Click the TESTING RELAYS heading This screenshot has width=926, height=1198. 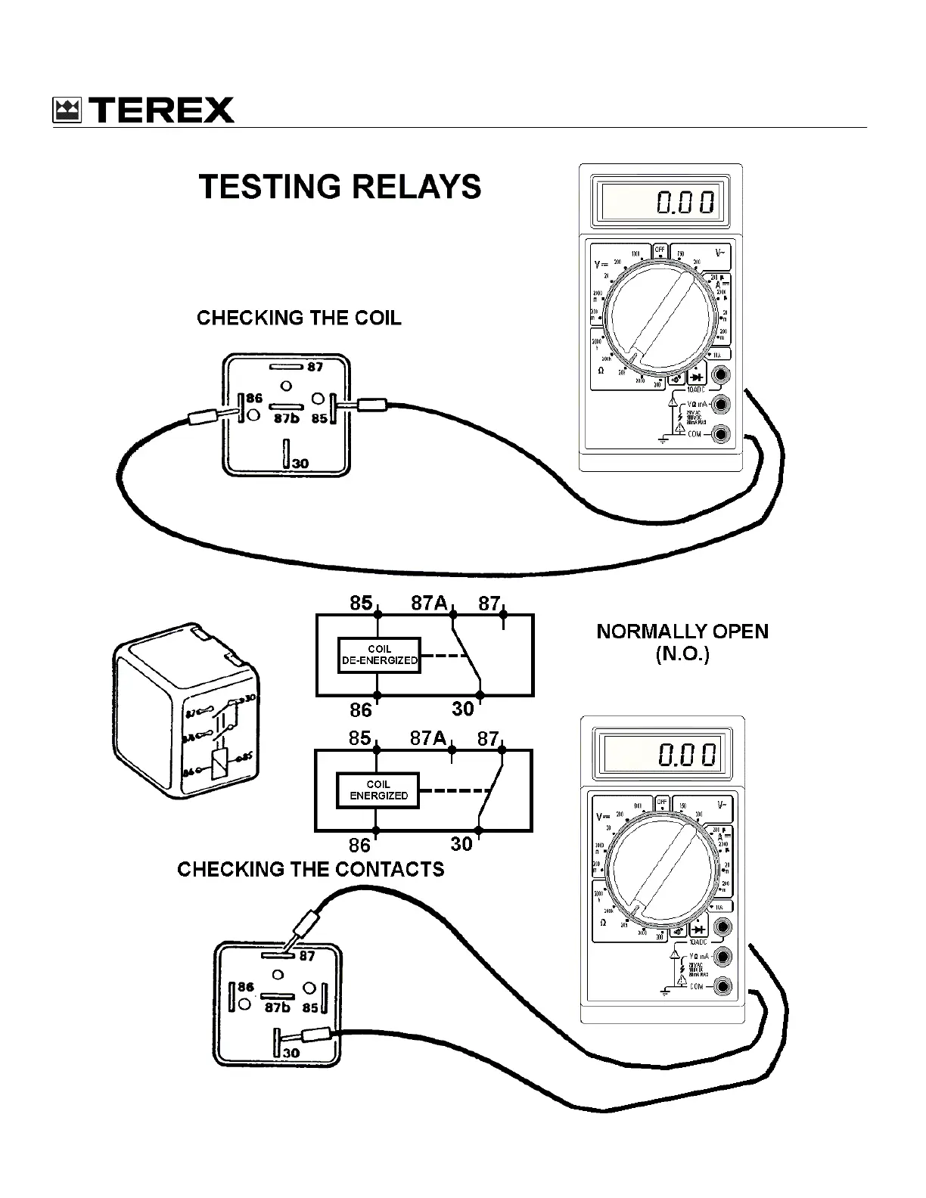click(x=340, y=187)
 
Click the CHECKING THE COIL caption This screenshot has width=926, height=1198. click(x=299, y=318)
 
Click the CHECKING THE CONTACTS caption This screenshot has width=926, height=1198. click(x=310, y=870)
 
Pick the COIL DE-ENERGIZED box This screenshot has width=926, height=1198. click(x=378, y=655)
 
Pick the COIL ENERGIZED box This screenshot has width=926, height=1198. click(x=378, y=790)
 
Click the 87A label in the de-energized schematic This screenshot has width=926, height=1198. click(x=429, y=603)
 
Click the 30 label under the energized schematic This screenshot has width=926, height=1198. click(x=461, y=843)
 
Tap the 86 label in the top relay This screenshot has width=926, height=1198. click(x=254, y=398)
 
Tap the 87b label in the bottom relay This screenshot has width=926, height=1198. click(x=277, y=1008)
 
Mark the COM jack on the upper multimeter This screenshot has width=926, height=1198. click(x=722, y=434)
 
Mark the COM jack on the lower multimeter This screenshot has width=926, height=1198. click(x=722, y=986)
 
